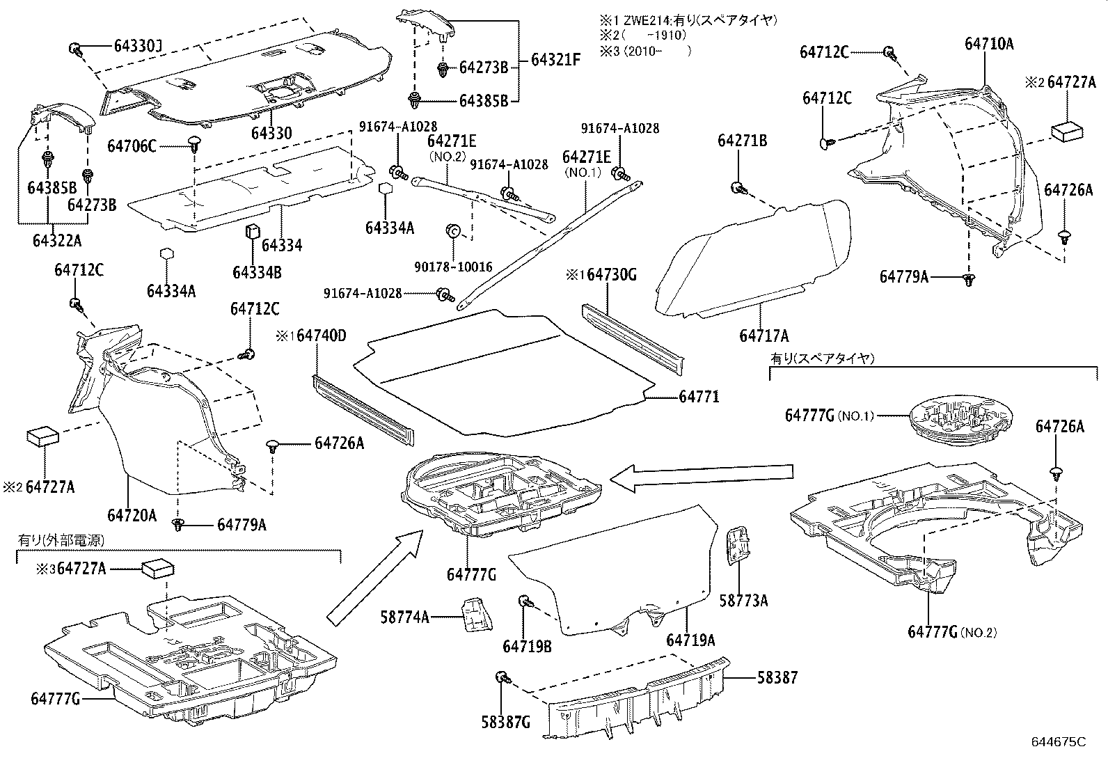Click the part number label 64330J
pos(138,47)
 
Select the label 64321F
pos(555,60)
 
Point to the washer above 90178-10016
pos(451,230)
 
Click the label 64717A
pos(763,337)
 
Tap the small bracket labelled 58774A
pos(475,613)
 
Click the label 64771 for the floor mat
pos(699,397)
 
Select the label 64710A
pos(988,44)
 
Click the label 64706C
pos(132,146)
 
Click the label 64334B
pos(257,272)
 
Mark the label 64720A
pos(132,516)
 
